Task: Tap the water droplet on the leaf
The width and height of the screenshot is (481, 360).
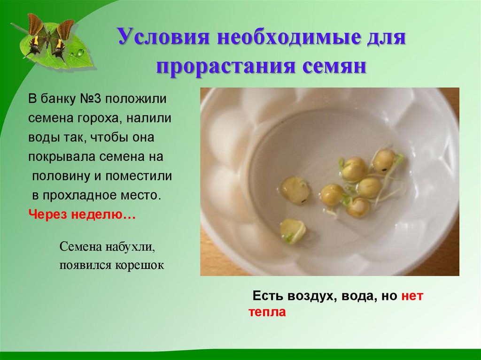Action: tap(80, 52)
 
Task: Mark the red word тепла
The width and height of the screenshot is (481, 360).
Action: tap(267, 312)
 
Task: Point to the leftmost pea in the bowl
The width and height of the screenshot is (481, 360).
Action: tap(295, 190)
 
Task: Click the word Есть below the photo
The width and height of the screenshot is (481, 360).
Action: tap(267, 296)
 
